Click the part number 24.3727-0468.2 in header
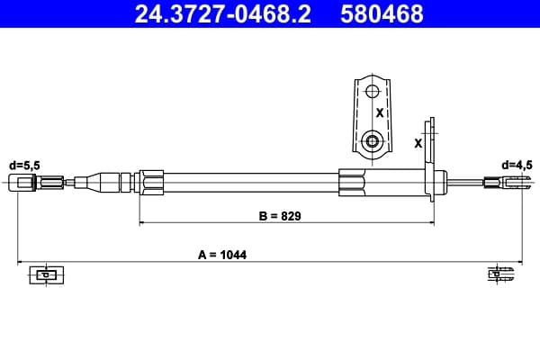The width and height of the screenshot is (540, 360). (x=223, y=13)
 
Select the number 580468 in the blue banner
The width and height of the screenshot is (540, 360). (x=382, y=13)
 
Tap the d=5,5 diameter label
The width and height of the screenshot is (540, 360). (x=24, y=166)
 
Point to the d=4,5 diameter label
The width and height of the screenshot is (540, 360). (x=517, y=166)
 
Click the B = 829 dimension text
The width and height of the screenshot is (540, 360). (x=280, y=216)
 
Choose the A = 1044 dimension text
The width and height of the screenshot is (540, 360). (x=222, y=255)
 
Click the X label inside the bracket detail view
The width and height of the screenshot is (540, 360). (x=380, y=112)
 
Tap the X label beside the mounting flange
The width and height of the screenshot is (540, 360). (x=418, y=143)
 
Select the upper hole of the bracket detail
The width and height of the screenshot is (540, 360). (x=372, y=92)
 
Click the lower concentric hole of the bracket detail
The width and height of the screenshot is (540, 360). (x=372, y=141)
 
